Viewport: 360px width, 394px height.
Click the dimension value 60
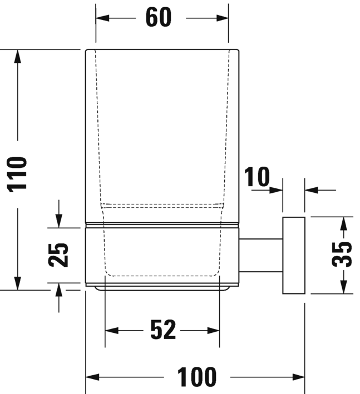tap(159, 17)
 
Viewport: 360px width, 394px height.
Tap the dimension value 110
tap(18, 174)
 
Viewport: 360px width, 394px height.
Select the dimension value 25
tap(58, 255)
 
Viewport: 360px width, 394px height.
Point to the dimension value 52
tap(162, 331)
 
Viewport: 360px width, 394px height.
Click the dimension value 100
tap(196, 377)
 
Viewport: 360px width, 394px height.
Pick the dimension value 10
tap(257, 177)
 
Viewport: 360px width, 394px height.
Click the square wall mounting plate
tap(294, 255)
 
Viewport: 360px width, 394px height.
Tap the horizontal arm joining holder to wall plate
tap(261, 255)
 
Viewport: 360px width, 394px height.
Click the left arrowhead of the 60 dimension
tap(102, 18)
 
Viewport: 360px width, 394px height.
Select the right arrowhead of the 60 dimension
tap(222, 18)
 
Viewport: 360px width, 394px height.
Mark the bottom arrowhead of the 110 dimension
tap(18, 283)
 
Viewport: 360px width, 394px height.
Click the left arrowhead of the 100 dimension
tap(92, 377)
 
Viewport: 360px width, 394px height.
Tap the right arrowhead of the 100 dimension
tap(299, 377)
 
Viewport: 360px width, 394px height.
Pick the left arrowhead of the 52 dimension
tap(111, 331)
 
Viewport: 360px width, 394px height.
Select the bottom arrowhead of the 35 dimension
tap(344, 287)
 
